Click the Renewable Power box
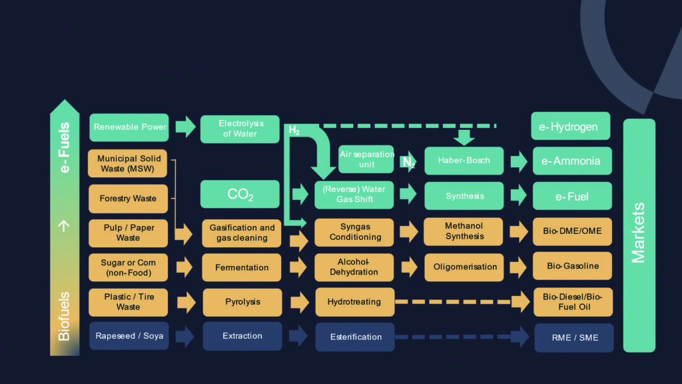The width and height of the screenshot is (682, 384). pyautogui.click(x=129, y=127)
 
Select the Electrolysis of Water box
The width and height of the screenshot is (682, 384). pyautogui.click(x=240, y=129)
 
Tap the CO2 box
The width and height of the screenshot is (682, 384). pyautogui.click(x=240, y=195)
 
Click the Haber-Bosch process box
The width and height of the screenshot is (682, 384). pyautogui.click(x=464, y=161)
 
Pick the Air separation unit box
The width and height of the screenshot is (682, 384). pyautogui.click(x=366, y=159)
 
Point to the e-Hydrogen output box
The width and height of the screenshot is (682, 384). pyautogui.click(x=571, y=127)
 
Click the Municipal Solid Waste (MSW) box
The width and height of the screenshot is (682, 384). pyautogui.click(x=129, y=163)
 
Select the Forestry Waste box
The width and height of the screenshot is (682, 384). pyautogui.click(x=129, y=199)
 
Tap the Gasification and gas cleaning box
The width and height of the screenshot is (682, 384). pyautogui.click(x=242, y=233)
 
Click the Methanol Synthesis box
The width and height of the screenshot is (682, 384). pyautogui.click(x=464, y=231)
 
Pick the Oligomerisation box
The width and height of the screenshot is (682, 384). pyautogui.click(x=464, y=267)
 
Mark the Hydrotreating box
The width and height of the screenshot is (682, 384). pyautogui.click(x=354, y=302)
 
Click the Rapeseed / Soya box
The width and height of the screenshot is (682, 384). pyautogui.click(x=129, y=336)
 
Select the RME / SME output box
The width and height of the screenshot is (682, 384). pyautogui.click(x=572, y=337)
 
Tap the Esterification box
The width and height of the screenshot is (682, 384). pyautogui.click(x=355, y=337)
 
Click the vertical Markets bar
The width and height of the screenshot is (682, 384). pyautogui.click(x=639, y=235)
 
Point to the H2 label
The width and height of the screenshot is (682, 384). pyautogui.click(x=294, y=131)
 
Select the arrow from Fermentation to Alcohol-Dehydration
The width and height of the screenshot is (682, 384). pyautogui.click(x=298, y=267)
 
